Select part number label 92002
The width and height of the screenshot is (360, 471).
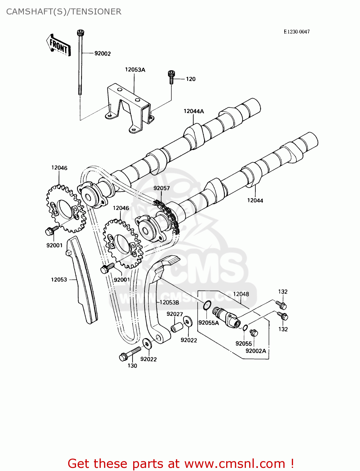tap(102, 54)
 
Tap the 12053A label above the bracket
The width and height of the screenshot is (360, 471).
tap(135, 70)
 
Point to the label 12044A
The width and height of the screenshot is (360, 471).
tap(194, 111)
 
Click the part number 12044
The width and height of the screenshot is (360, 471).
tap(255, 200)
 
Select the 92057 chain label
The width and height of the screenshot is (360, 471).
tap(161, 188)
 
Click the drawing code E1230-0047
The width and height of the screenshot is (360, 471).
tap(297, 32)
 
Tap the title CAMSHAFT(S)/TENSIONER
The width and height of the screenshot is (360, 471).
tap(64, 12)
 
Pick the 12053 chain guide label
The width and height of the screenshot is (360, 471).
tap(59, 279)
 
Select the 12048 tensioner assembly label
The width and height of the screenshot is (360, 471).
tap(241, 294)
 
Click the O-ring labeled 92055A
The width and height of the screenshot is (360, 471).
tap(207, 305)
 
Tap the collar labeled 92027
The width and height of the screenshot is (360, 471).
tap(177, 327)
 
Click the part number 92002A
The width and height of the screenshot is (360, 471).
tap(256, 351)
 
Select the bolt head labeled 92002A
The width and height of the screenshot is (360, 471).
tap(254, 332)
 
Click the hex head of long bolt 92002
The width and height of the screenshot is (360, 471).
tap(81, 33)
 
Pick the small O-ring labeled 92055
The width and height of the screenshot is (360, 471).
tap(245, 328)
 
